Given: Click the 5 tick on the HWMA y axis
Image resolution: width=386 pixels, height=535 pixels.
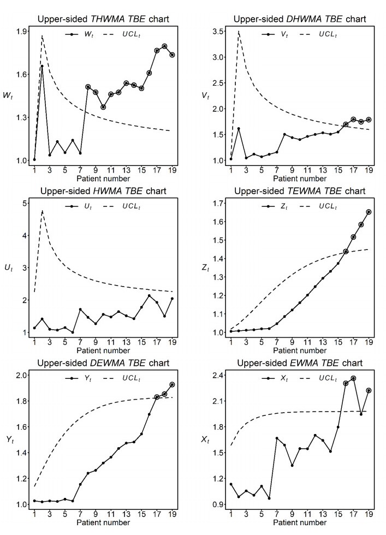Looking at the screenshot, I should coord(25,204).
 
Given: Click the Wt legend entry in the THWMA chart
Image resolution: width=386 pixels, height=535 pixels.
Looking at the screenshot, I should coord(79,35).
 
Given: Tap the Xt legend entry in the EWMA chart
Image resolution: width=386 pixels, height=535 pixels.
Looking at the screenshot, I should coord(276,377).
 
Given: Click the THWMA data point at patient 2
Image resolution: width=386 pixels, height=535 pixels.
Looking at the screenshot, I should coord(42,67).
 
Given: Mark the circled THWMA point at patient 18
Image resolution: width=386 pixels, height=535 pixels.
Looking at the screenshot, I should coord(164,46).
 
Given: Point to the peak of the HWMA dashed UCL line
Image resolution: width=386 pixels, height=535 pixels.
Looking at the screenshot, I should coord(42,210).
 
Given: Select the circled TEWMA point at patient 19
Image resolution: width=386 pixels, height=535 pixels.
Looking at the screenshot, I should coord(369,212).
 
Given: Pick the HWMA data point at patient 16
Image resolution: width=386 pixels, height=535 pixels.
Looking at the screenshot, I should coord(149,296).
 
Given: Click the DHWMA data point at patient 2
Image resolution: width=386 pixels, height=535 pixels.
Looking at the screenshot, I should coord(239,129).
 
